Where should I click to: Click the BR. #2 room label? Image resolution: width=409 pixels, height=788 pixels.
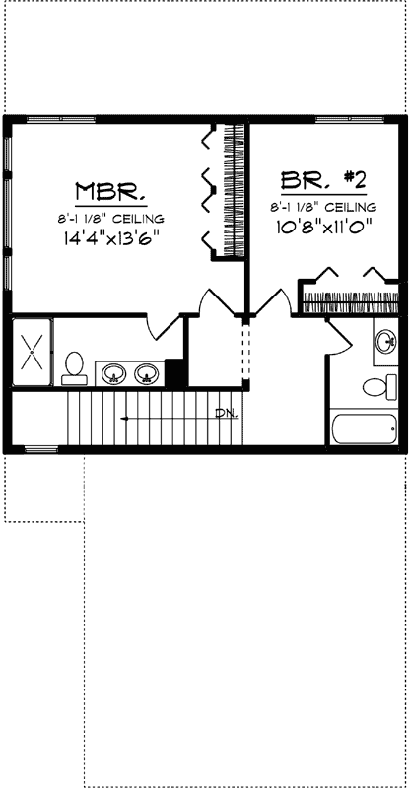click(323, 181)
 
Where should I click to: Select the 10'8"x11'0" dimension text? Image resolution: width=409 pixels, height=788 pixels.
click(322, 226)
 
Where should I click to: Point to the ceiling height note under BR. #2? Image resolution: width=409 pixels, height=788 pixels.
click(322, 207)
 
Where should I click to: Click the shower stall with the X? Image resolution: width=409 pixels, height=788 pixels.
click(32, 352)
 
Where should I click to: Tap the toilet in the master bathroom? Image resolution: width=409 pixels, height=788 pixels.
click(73, 367)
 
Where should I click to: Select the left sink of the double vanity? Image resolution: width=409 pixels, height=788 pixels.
click(114, 373)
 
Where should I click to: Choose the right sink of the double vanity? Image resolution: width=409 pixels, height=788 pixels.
click(147, 373)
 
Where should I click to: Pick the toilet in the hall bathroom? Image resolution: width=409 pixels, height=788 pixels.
click(376, 385)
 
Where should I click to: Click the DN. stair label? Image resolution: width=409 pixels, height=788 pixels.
click(227, 413)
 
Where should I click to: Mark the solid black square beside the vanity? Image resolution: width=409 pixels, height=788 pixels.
click(175, 373)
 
